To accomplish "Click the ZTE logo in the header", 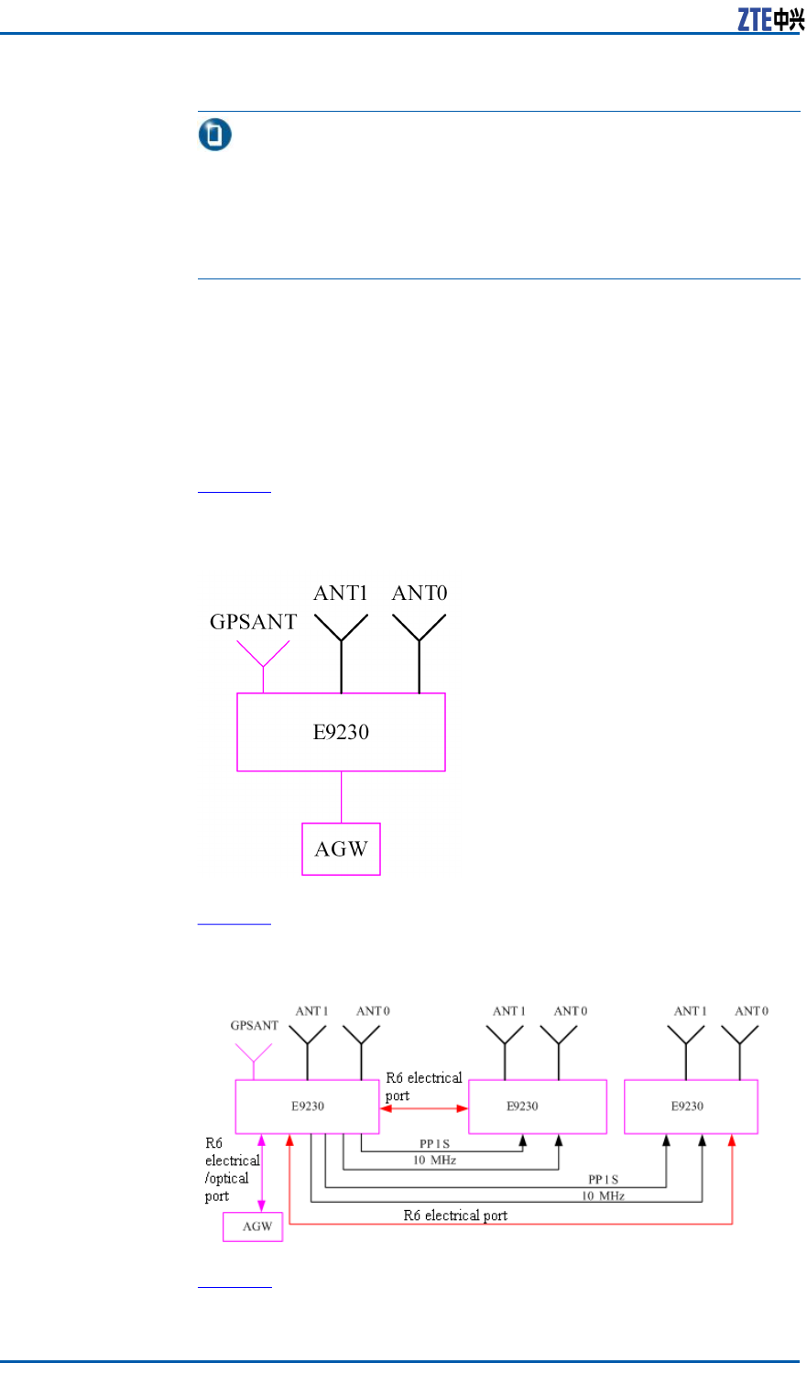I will (x=770, y=19).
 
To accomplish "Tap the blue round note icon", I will (x=215, y=136).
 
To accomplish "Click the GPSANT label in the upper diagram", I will (x=253, y=622).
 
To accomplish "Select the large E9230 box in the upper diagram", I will (x=341, y=732).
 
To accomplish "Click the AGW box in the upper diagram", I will (x=341, y=849).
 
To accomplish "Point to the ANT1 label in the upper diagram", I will (x=341, y=594).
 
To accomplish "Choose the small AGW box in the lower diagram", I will (x=253, y=1227).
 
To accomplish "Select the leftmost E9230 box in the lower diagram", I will (x=307, y=1107).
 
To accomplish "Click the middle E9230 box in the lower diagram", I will (x=537, y=1107).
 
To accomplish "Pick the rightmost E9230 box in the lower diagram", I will (x=691, y=1107).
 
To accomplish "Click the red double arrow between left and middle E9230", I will (x=424, y=1108).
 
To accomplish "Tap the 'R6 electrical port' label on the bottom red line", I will (x=455, y=1216).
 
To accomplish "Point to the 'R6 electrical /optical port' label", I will (x=231, y=1170).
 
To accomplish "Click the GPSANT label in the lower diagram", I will (x=254, y=1026).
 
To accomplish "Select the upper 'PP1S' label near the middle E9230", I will (x=434, y=1144).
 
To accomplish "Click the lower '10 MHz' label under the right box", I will (x=603, y=1195).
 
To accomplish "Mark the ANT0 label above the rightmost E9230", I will (x=751, y=1011).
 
